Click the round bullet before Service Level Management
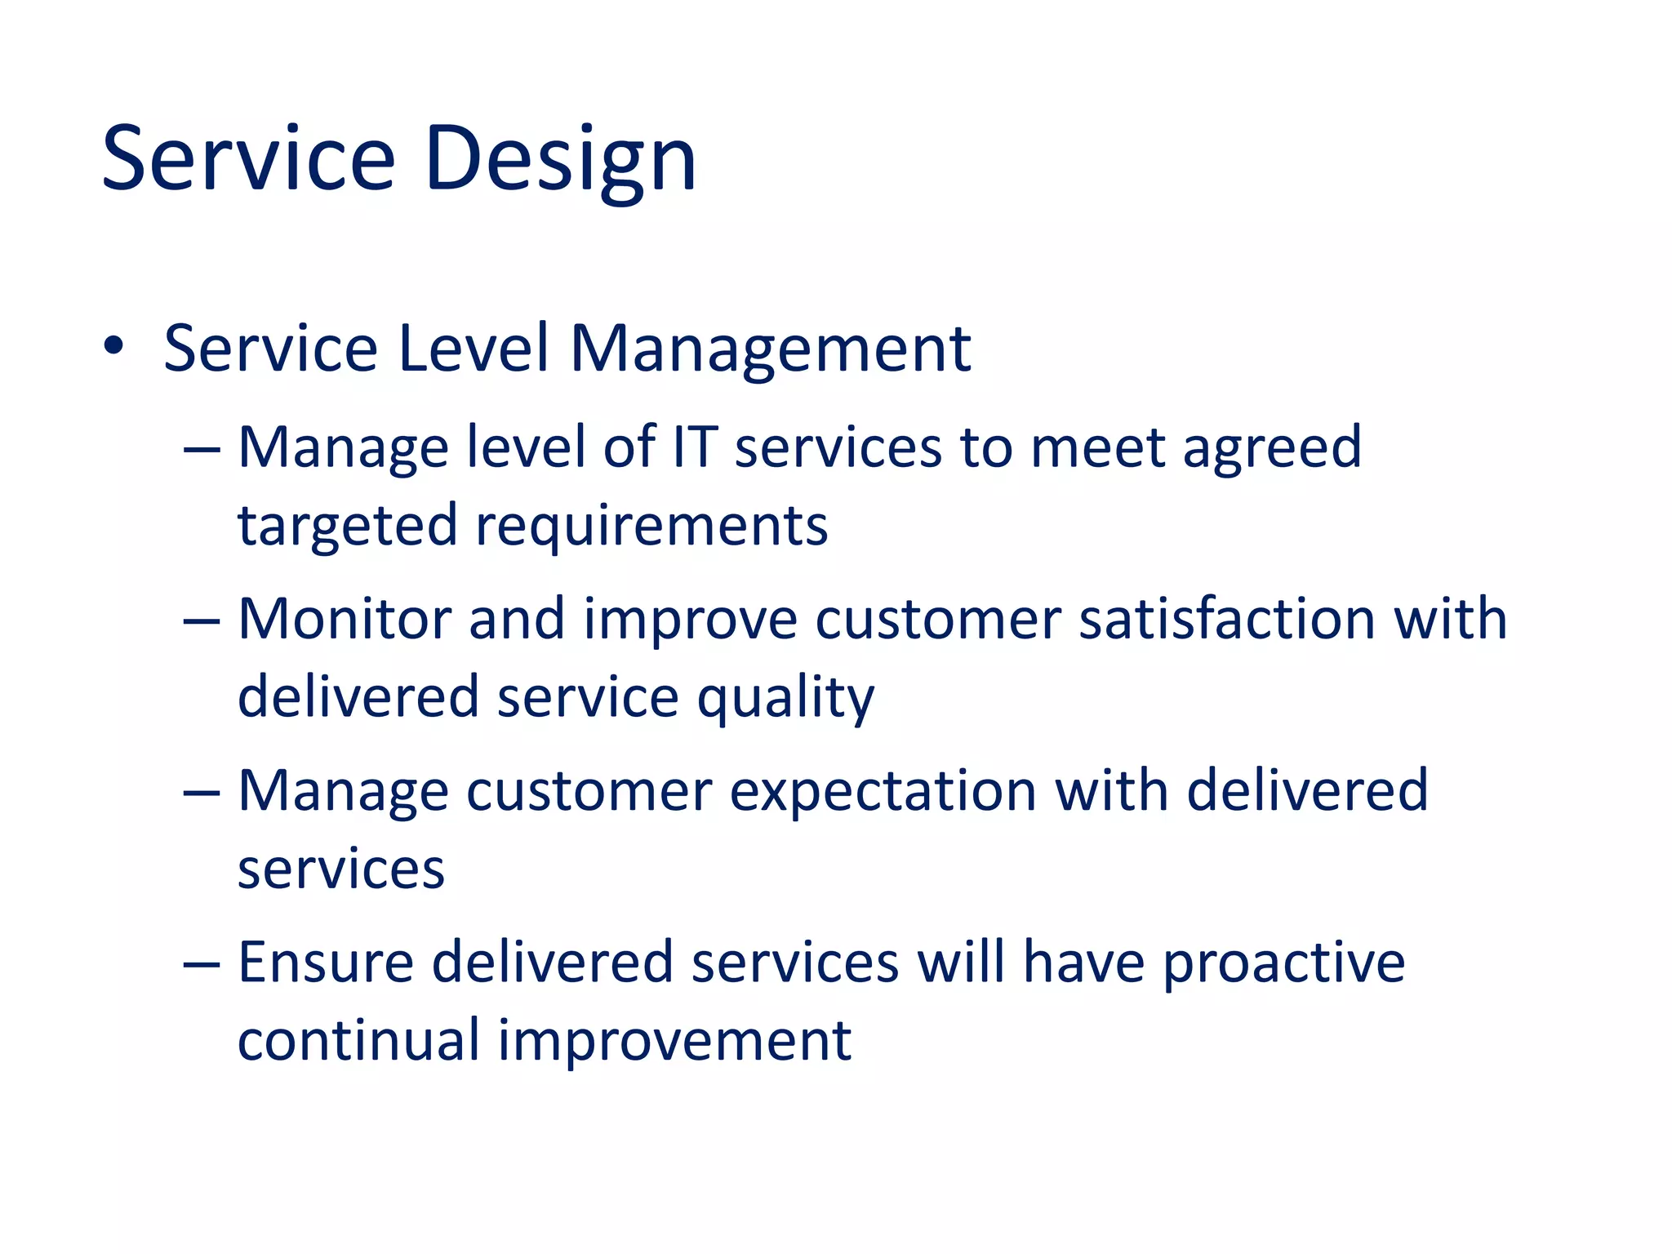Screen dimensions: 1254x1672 tap(113, 346)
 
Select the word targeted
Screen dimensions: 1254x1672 tap(347, 527)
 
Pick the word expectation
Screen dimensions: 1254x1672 tap(883, 792)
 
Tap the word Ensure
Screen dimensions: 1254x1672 tap(326, 963)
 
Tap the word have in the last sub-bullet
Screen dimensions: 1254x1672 tap(1083, 963)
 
